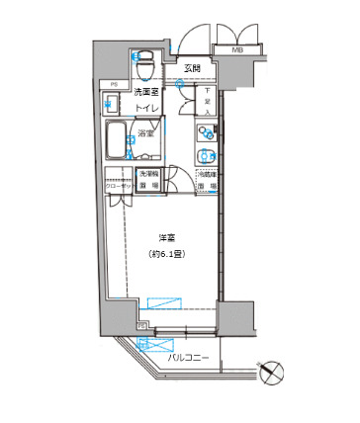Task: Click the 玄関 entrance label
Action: coord(192,68)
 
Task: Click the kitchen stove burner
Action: coord(206,132)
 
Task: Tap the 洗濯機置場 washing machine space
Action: coord(144,180)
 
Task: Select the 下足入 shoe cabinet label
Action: coord(207,100)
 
